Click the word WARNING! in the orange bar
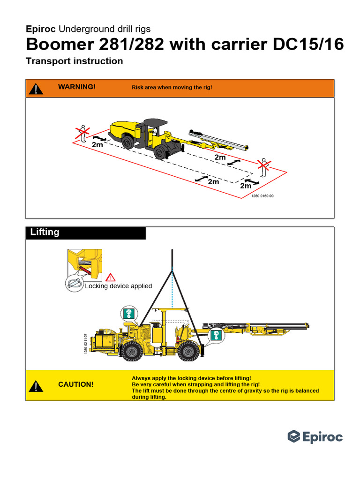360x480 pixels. [77, 87]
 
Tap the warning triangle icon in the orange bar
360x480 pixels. [36, 88]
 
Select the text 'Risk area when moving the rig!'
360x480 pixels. [172, 88]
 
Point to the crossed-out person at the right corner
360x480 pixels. [264, 168]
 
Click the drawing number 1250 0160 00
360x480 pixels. [262, 196]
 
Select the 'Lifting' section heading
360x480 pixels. [45, 232]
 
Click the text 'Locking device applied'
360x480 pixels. [118, 286]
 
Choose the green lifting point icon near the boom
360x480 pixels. [216, 335]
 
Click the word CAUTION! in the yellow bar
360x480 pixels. [76, 384]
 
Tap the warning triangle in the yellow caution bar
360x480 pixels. [36, 386]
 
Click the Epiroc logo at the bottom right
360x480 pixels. [315, 437]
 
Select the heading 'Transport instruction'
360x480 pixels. [75, 61]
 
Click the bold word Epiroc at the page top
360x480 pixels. [41, 29]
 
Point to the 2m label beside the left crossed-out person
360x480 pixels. [97, 145]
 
